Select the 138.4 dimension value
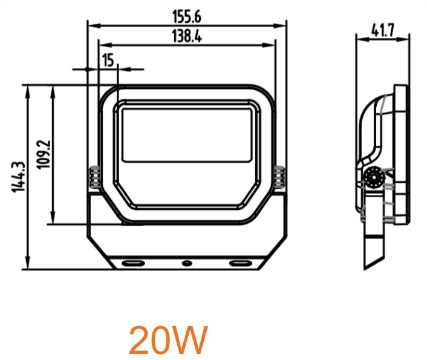pos(186,36)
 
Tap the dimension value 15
pos(108,60)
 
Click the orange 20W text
pos(168,341)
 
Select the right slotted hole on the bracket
pos(241,263)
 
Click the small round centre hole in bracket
pos(186,263)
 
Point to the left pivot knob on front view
pos(94,178)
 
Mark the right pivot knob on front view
pos(279,178)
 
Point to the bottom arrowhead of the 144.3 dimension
pos(28,266)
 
